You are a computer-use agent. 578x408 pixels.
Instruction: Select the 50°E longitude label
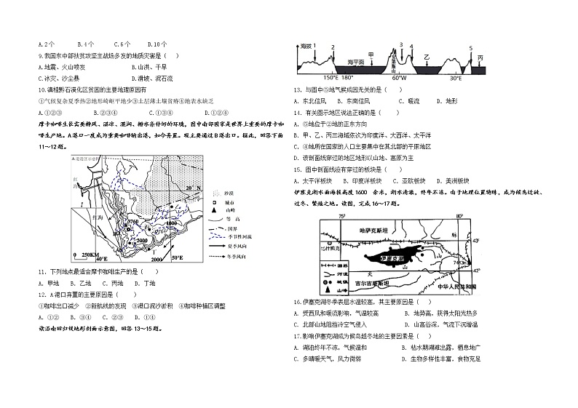click(x=176, y=257)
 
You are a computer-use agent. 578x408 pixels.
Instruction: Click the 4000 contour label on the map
click(x=171, y=223)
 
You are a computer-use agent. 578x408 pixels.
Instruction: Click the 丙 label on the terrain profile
click(x=480, y=57)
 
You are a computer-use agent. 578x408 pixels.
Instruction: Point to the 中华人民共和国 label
click(x=455, y=288)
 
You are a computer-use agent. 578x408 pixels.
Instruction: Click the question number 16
click(x=297, y=301)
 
